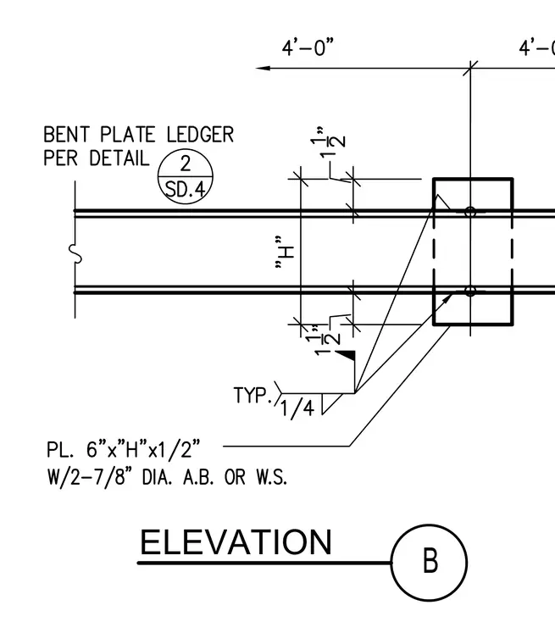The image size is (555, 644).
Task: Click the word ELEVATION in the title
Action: click(x=236, y=542)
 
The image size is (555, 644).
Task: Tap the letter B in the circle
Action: click(x=430, y=561)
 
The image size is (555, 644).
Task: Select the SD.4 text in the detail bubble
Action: click(x=185, y=190)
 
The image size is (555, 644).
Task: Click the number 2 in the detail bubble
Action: click(x=186, y=164)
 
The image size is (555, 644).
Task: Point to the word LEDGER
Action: click(x=200, y=135)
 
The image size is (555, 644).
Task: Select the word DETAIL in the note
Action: click(x=119, y=158)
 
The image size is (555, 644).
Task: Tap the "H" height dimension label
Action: click(x=285, y=253)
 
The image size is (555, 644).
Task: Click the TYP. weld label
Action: click(x=253, y=395)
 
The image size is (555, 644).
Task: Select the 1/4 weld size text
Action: click(x=297, y=408)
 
